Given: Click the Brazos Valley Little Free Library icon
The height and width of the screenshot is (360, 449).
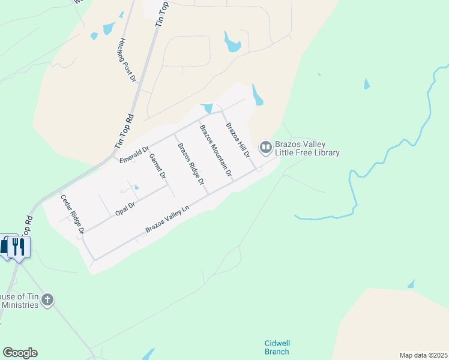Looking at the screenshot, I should tap(265, 147).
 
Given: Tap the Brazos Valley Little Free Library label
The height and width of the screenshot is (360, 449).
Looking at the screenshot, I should tap(307, 149).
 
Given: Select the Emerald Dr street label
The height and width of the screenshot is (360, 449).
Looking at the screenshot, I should tap(134, 154).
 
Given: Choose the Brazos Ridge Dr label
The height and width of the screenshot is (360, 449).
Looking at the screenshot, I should tap(190, 163).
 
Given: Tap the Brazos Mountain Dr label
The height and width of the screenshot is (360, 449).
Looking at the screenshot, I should tap(215, 150).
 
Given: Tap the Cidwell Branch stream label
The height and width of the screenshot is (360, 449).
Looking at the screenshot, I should tap(277, 347).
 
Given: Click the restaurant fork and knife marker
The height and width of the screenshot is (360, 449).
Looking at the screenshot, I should tap(19, 247).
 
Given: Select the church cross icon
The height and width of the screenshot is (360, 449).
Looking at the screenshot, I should tap(48, 299).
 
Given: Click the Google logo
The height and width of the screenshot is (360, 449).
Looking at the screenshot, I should tap(20, 353).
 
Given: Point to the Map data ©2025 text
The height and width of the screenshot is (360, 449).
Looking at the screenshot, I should tap(423, 355).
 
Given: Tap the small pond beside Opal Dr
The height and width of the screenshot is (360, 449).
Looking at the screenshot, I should tap(136, 188).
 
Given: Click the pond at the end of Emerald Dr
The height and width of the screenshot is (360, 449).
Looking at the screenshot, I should tap(207, 108).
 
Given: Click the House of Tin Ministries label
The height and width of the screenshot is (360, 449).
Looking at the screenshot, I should tap(19, 301).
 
